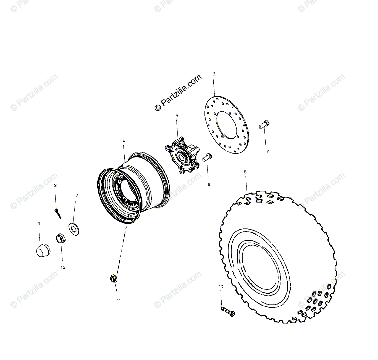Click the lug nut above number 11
click(x=113, y=278)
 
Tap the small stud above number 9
click(x=208, y=157)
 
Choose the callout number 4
click(x=123, y=141)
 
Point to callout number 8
click(x=245, y=172)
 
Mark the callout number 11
click(x=119, y=300)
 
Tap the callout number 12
click(x=63, y=267)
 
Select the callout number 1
click(x=39, y=223)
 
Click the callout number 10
click(x=220, y=287)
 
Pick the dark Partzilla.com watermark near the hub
click(x=178, y=93)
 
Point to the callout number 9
click(x=209, y=184)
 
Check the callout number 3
click(x=77, y=196)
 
